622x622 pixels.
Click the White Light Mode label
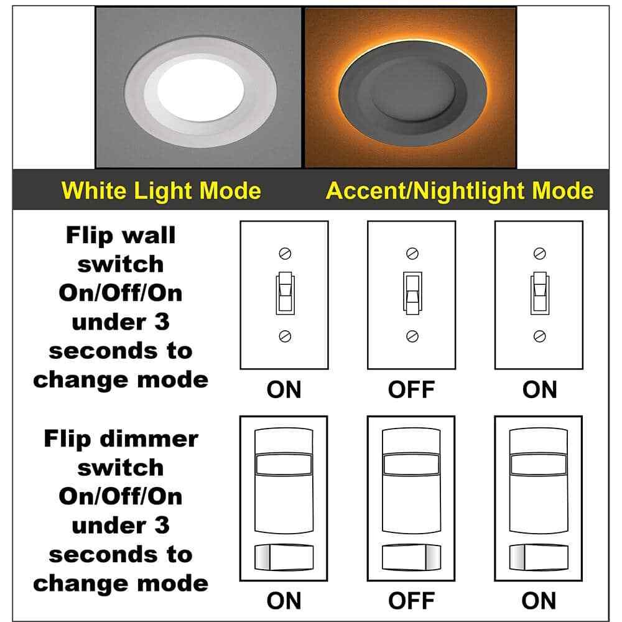click(x=162, y=190)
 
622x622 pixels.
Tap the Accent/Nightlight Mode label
click(x=460, y=190)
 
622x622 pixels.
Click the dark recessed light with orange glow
click(x=411, y=87)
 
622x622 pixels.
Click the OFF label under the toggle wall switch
click(x=411, y=390)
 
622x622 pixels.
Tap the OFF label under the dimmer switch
click(x=411, y=601)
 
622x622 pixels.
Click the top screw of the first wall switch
click(x=285, y=253)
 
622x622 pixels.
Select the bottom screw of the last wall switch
click(x=539, y=337)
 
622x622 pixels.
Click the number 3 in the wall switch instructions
click(x=160, y=322)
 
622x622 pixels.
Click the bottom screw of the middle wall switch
click(x=412, y=337)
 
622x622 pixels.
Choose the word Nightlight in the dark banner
click(x=460, y=190)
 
